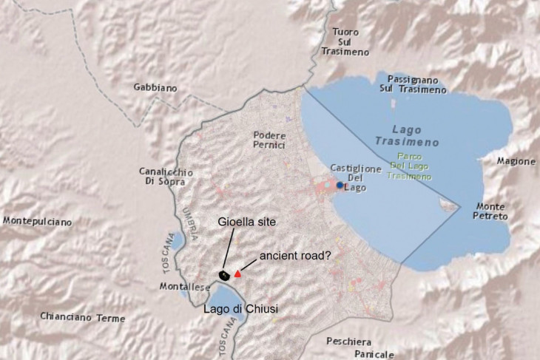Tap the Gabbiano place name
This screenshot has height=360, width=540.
point(155,87)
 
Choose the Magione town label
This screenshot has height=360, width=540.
point(516,161)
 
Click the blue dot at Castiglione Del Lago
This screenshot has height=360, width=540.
point(340,185)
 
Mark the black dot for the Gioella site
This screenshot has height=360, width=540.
point(223,275)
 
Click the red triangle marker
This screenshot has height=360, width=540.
point(238,274)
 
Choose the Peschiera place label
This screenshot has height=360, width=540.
point(349,342)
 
